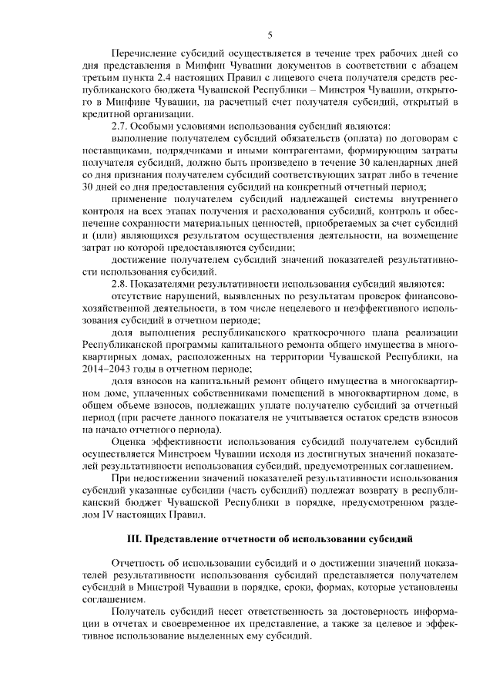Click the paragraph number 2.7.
click(x=121, y=125)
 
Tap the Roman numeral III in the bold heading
click(x=135, y=535)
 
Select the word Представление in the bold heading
click(x=185, y=535)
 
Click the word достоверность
click(x=358, y=609)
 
